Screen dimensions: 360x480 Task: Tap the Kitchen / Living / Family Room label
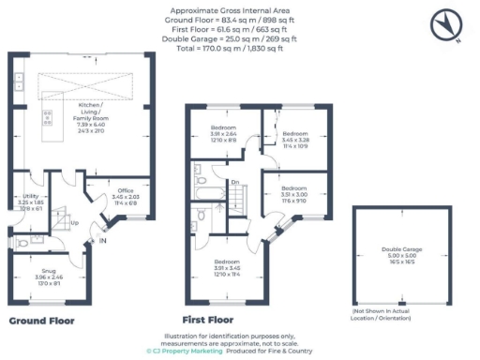(93, 116)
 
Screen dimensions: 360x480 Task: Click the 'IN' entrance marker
(103, 243)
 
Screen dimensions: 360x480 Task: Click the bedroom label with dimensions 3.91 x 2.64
(223, 132)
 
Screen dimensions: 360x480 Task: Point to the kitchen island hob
(47, 120)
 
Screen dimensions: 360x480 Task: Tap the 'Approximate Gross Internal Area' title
(240, 8)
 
